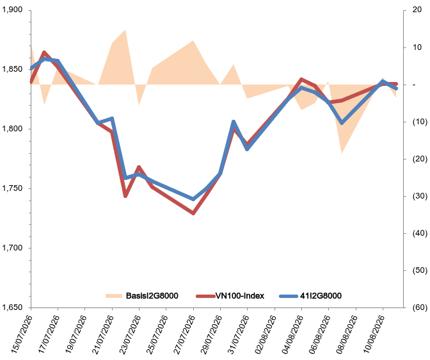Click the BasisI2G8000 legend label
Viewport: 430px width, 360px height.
coord(152,296)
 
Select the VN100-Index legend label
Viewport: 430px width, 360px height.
coord(240,296)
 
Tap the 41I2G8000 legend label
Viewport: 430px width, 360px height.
coord(321,296)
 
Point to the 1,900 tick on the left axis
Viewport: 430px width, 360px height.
coord(12,10)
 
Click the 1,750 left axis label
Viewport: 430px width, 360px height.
coord(12,188)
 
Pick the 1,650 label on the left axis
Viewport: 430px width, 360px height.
coord(12,307)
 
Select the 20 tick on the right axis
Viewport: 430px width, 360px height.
coord(417,10)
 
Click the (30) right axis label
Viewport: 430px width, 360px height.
coord(420,196)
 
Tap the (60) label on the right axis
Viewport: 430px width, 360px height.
coord(420,307)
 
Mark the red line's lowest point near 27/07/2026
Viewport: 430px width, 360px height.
coord(193,213)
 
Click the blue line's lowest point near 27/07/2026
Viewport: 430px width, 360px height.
coord(193,199)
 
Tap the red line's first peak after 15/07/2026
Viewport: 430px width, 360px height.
coord(44,52)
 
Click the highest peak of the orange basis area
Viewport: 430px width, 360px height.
coord(125,29)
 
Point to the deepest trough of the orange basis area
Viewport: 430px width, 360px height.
coord(342,153)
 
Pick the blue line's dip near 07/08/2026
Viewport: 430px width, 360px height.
coord(342,123)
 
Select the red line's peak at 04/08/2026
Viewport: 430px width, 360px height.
coord(301,79)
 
